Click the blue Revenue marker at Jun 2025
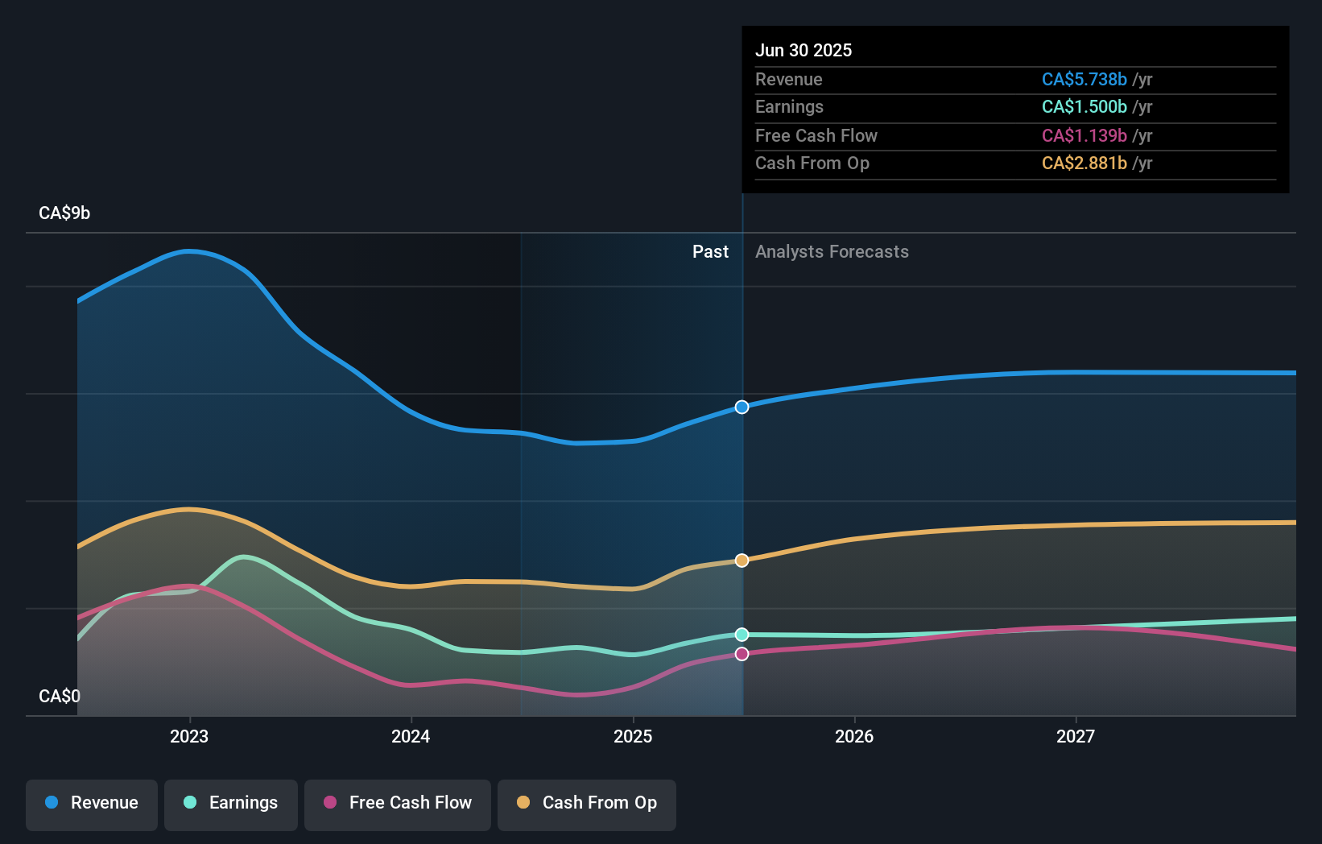742,407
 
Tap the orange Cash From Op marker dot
742,560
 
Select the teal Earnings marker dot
742,635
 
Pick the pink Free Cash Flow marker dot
742,654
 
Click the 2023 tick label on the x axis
189,736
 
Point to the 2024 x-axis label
411,736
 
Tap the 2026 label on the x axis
854,736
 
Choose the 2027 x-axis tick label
1076,736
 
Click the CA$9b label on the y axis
64,213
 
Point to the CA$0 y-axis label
60,696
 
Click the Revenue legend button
92,803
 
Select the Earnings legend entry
231,803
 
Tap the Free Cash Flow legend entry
398,803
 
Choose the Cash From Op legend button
587,803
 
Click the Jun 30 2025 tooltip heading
804,50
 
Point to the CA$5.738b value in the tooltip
1084,79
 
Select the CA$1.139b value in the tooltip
1084,135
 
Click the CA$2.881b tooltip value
1084,163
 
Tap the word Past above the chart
710,251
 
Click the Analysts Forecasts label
832,251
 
